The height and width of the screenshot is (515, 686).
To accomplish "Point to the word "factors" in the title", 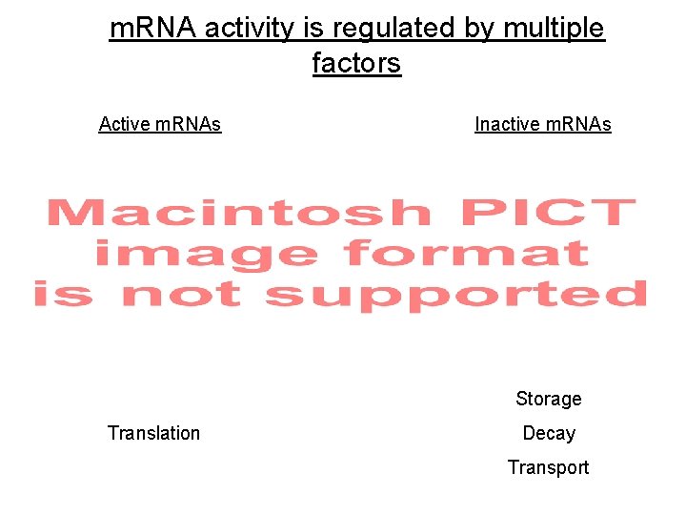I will [x=356, y=64].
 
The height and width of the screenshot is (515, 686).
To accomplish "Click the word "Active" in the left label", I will [x=125, y=124].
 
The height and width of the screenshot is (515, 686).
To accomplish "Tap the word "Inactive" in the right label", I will [x=506, y=124].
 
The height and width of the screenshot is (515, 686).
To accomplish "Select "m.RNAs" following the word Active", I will [x=189, y=124].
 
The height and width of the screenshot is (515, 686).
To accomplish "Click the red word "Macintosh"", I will [x=238, y=213].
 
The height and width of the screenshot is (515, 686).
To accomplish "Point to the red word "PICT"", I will [x=548, y=212].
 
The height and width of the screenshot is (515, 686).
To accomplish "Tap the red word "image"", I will [x=205, y=254].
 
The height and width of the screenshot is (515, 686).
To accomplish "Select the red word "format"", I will [x=467, y=253].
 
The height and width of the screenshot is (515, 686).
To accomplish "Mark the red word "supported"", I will [x=455, y=296].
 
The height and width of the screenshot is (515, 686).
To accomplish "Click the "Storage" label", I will [x=548, y=399].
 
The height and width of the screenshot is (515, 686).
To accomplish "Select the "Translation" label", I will [x=153, y=433].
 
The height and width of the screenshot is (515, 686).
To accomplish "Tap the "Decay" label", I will [x=549, y=433].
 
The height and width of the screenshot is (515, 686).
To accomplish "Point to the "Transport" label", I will [x=548, y=467].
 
